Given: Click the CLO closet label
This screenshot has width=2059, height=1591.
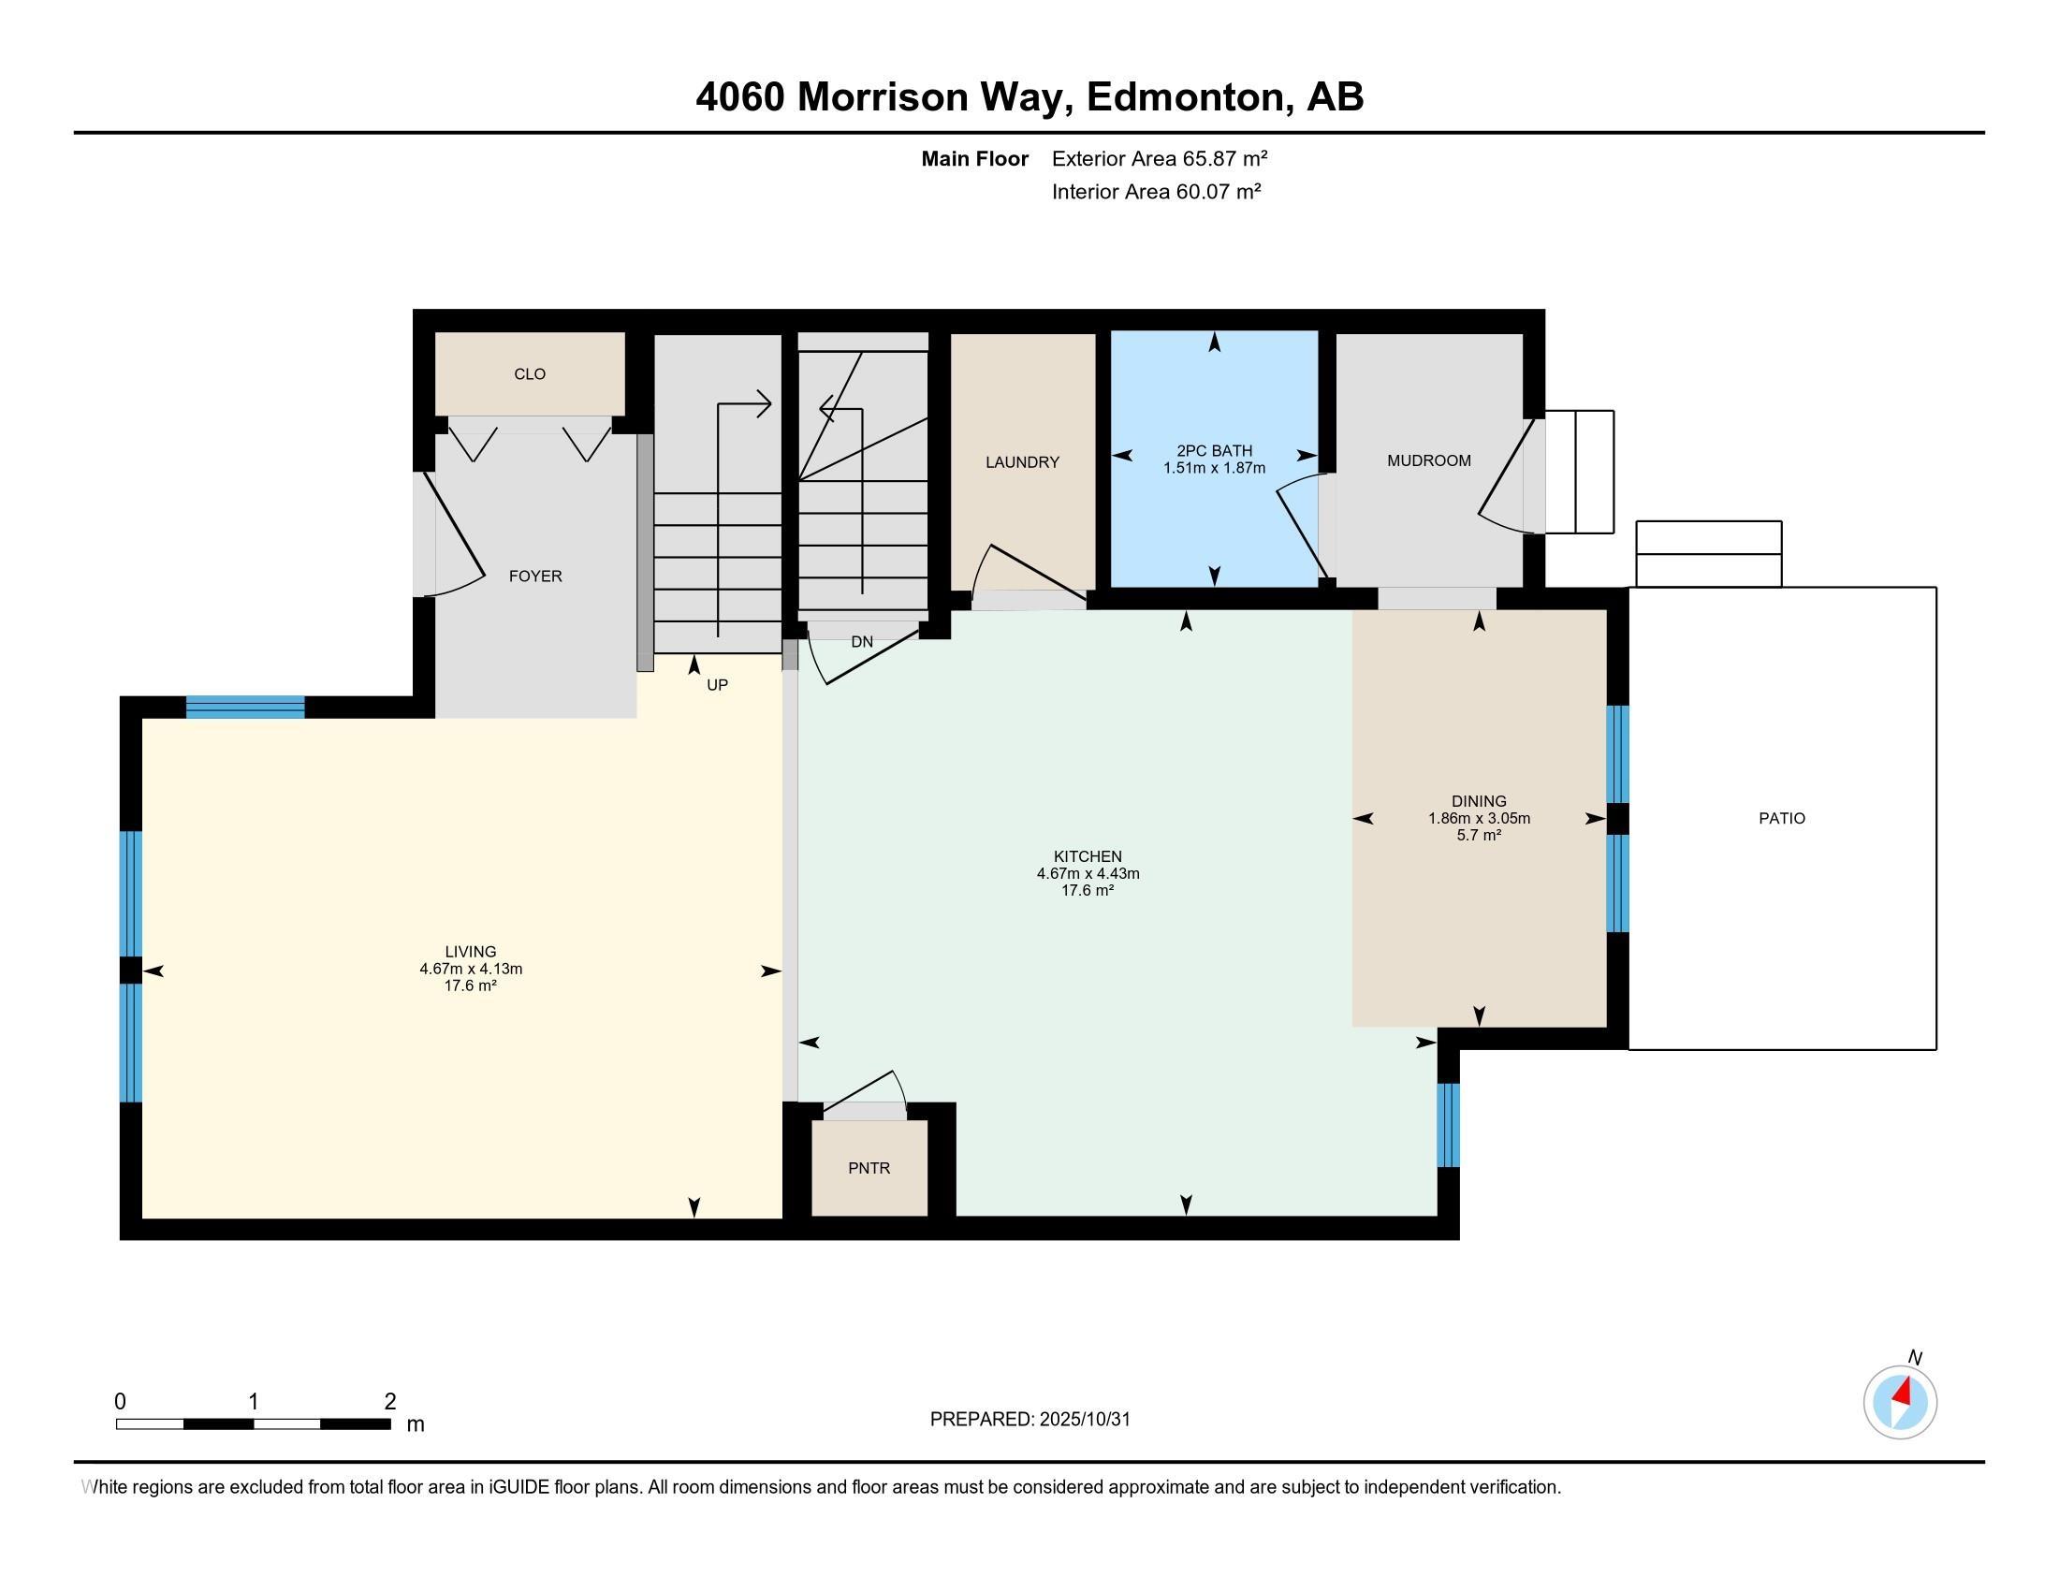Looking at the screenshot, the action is click(530, 374).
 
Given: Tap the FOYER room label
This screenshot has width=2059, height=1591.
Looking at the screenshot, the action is click(535, 576).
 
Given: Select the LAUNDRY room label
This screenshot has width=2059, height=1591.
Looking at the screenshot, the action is click(1022, 461).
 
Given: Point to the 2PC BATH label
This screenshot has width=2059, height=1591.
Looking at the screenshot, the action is click(1214, 450).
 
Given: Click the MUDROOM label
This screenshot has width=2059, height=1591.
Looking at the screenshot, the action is click(1428, 460).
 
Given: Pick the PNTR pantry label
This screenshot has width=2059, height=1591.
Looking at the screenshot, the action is click(869, 1168).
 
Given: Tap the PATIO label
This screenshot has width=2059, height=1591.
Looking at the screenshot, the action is click(1782, 818).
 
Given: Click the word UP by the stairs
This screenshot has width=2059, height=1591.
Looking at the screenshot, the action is click(718, 685).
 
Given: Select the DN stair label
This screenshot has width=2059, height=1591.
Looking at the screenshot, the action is click(862, 642).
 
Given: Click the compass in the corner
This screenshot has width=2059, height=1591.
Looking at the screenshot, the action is click(1901, 1402).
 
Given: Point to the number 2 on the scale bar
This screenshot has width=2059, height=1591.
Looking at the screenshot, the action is click(390, 1402).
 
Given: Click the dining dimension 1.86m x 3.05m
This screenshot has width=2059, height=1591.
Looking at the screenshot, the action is click(1478, 818).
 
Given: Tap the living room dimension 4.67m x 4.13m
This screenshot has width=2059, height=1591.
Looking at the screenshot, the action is click(471, 969).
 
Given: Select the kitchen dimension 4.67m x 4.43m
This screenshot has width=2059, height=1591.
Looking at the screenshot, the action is click(1088, 874).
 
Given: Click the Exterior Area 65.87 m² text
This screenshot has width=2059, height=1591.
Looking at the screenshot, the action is click(1160, 158).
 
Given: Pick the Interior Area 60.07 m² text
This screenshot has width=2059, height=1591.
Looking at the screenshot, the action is click(1157, 191).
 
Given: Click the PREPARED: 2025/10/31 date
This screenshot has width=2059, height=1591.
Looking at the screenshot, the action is click(1029, 1420).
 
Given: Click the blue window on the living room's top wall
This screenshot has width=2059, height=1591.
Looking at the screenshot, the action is click(245, 707).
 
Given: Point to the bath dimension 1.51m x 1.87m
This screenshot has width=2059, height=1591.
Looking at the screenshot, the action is click(1214, 468).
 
